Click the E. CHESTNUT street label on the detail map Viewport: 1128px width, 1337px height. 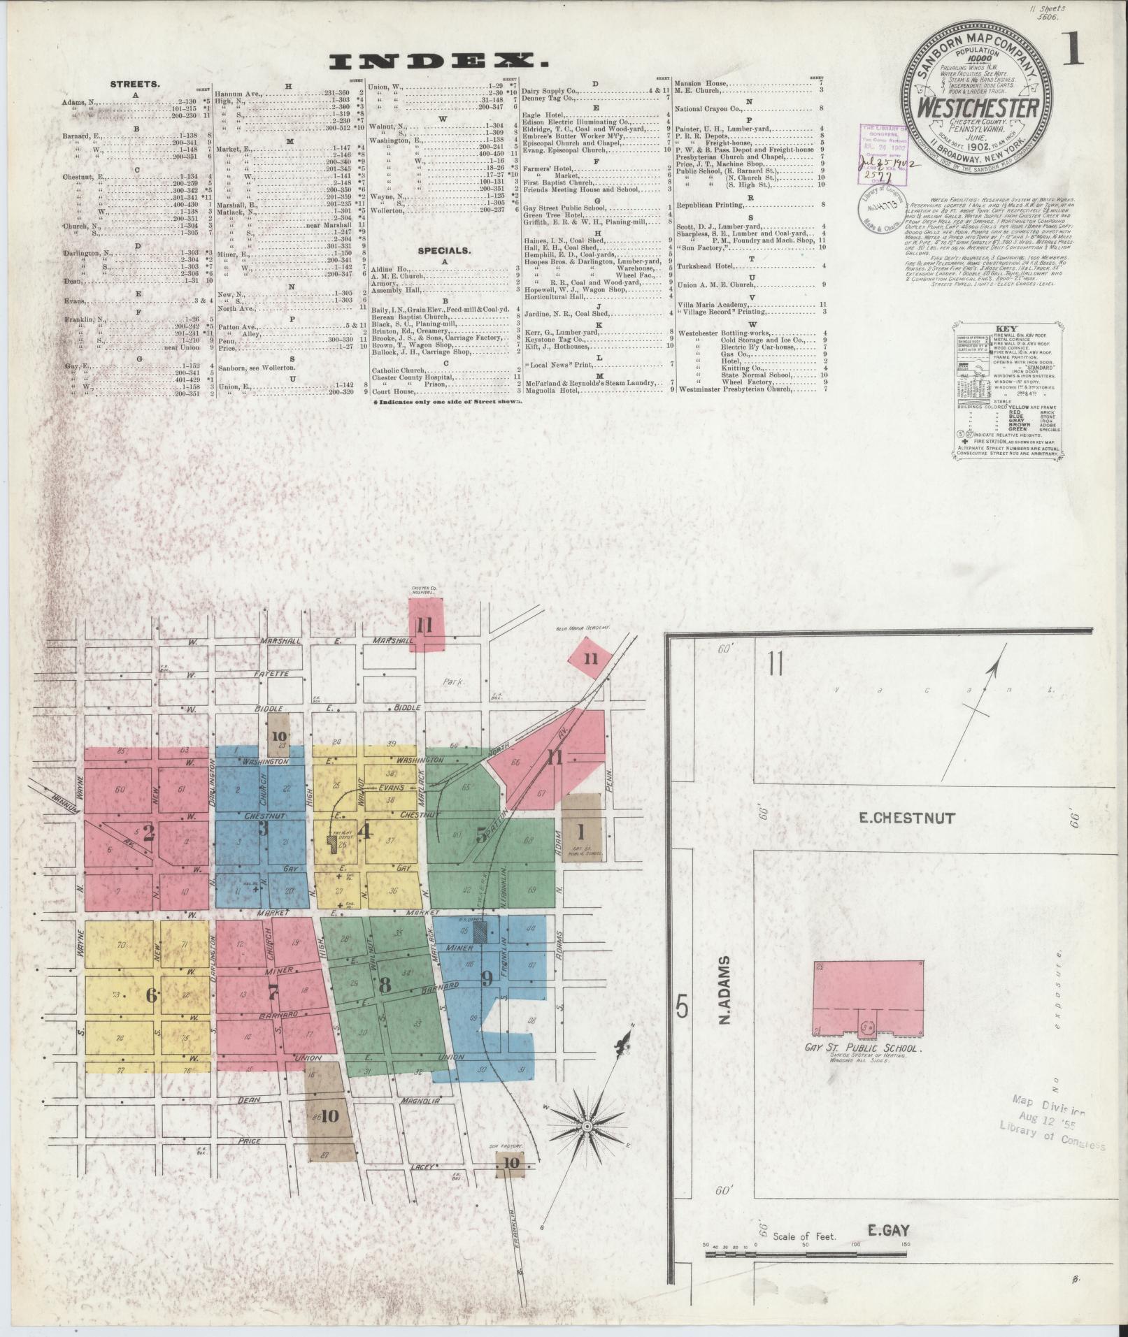tap(905, 818)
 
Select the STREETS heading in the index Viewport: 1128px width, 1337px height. tap(135, 84)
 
